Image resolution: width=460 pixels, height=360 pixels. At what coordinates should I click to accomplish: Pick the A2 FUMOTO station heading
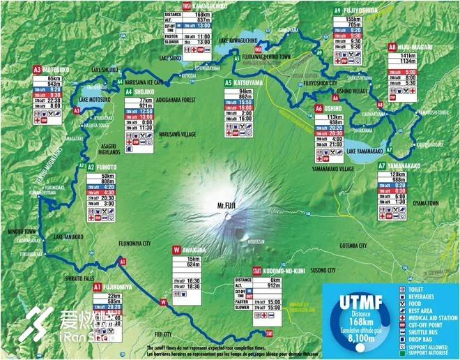click(100, 167)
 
